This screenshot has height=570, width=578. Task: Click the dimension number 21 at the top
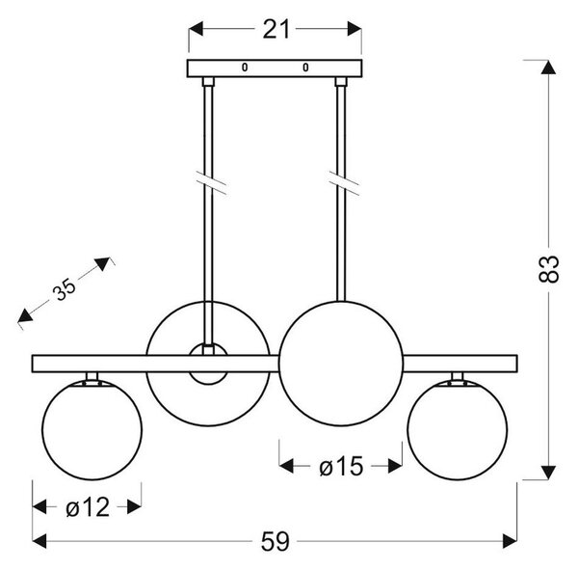(x=276, y=30)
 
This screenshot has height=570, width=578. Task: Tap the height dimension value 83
(x=548, y=268)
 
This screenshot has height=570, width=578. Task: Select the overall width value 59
(x=276, y=542)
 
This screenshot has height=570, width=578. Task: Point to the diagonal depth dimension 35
(x=64, y=288)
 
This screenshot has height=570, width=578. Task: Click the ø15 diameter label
(x=341, y=466)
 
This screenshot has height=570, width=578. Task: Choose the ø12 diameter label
(x=88, y=507)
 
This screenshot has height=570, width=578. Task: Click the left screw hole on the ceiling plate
(x=245, y=68)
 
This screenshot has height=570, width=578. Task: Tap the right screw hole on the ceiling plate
(x=305, y=68)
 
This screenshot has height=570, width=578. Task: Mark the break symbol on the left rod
(x=211, y=182)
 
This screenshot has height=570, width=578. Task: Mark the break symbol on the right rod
(x=344, y=183)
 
